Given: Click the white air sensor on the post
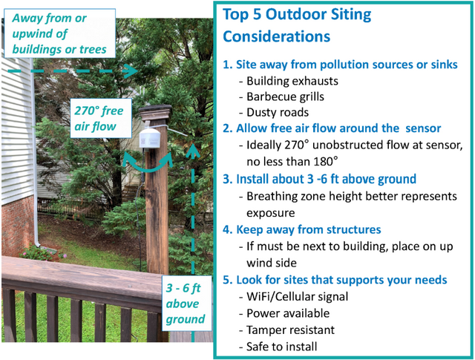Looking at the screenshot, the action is (x=149, y=138).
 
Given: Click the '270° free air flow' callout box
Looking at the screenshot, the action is (x=101, y=118).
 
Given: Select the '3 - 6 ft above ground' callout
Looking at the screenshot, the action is (x=186, y=304).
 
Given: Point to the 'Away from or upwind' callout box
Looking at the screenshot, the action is (x=59, y=33).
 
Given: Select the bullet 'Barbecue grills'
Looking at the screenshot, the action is (x=285, y=96).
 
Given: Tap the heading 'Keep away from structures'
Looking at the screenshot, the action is (x=302, y=229).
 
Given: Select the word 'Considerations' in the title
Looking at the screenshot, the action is (x=276, y=36).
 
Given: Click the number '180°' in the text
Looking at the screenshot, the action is (x=325, y=162).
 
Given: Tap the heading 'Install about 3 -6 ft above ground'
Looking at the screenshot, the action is (x=319, y=179).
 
